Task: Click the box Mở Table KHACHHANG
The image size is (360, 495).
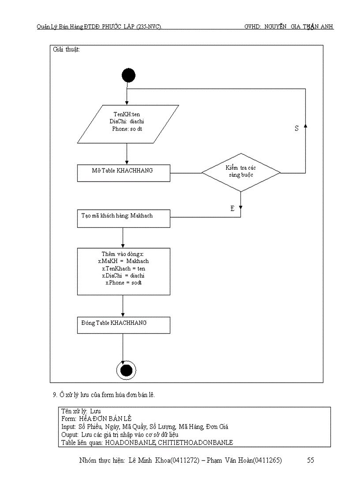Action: [124, 173]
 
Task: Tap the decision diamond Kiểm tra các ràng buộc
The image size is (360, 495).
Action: [241, 172]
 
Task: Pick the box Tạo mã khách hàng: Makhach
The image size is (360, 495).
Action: [124, 218]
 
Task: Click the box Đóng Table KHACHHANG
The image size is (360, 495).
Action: [124, 325]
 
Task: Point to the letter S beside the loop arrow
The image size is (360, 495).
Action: [296, 128]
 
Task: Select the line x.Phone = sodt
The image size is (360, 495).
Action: [124, 283]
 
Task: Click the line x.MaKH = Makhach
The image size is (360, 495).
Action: [124, 261]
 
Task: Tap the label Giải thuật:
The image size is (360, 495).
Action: [66, 50]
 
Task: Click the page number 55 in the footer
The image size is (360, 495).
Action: [310, 461]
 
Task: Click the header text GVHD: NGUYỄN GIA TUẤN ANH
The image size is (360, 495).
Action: [289, 27]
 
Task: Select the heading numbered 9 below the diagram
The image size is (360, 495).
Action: [104, 395]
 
